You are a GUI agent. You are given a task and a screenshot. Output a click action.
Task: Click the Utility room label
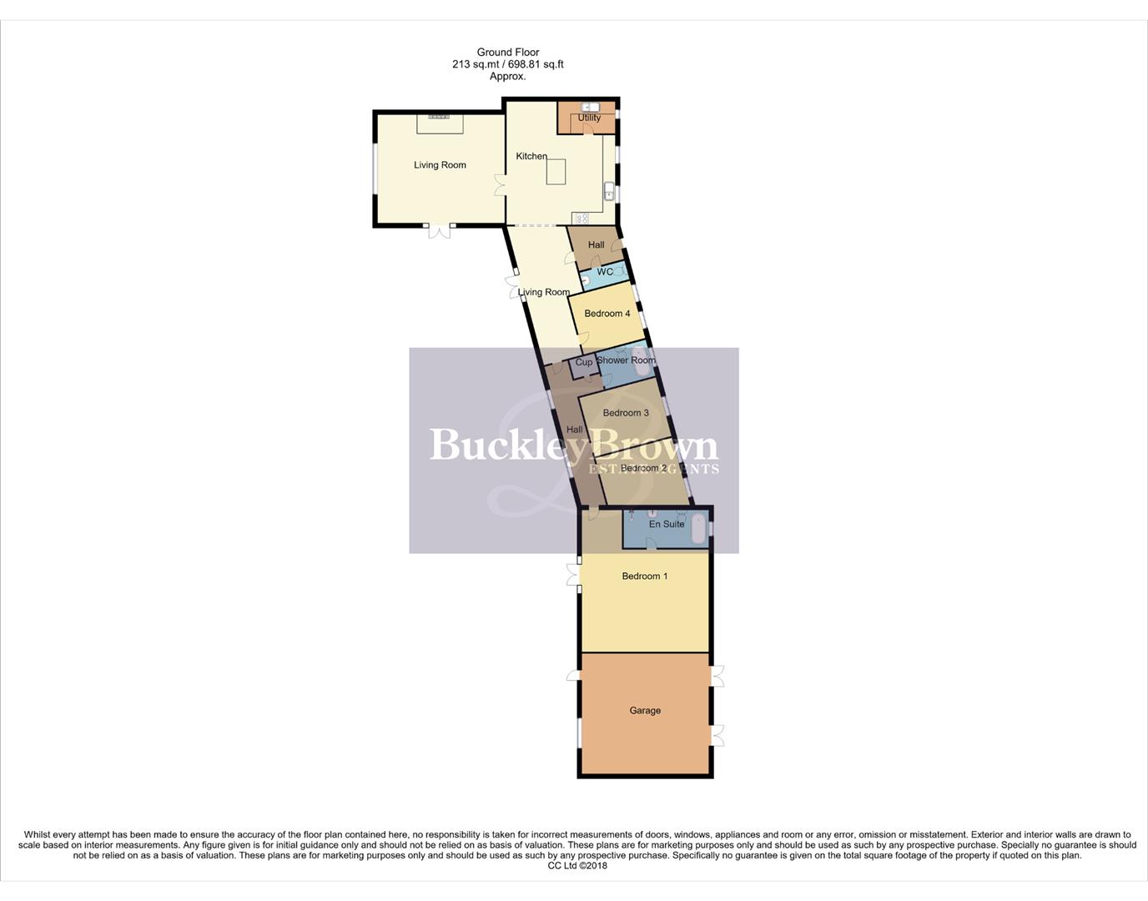click(x=589, y=118)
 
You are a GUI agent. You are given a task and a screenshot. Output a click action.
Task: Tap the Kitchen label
click(x=531, y=156)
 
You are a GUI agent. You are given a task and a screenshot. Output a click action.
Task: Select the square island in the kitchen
click(x=556, y=172)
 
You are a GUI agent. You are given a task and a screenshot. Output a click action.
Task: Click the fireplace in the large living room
click(x=440, y=118)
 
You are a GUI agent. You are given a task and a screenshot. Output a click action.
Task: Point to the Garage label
click(x=645, y=711)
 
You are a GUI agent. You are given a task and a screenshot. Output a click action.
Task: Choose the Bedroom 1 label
click(x=645, y=576)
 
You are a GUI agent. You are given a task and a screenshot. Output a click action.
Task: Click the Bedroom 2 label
click(x=643, y=468)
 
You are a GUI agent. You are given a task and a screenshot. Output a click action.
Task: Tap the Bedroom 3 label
click(x=626, y=413)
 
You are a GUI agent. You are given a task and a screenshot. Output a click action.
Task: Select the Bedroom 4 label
click(x=607, y=314)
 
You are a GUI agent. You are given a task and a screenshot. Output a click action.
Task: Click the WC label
click(x=605, y=272)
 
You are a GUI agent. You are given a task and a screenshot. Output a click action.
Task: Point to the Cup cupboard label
click(x=584, y=362)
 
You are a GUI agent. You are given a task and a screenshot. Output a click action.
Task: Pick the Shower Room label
click(x=626, y=360)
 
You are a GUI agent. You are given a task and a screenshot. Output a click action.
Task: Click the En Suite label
click(x=667, y=524)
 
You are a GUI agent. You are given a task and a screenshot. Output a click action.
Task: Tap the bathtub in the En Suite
click(x=698, y=528)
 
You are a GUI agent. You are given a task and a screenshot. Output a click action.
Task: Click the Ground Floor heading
click(x=508, y=52)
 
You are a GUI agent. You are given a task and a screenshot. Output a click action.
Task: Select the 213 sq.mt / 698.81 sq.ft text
click(x=508, y=64)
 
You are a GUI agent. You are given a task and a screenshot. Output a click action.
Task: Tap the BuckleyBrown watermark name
click(x=573, y=445)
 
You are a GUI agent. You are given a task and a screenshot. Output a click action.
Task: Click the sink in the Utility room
click(x=590, y=108)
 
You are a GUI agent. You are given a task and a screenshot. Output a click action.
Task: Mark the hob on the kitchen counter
click(x=581, y=218)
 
